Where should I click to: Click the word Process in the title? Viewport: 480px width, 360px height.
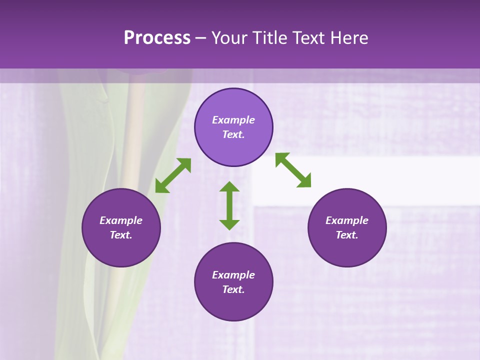click(x=157, y=38)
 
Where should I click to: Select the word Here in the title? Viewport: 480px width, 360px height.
click(x=349, y=38)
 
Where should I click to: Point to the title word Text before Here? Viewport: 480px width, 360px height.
click(x=310, y=38)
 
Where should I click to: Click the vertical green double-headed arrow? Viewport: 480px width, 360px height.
click(x=229, y=205)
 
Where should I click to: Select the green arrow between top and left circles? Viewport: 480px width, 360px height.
click(x=173, y=175)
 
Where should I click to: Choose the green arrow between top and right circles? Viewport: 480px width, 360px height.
click(x=293, y=170)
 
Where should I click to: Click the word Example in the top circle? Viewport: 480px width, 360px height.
click(x=233, y=120)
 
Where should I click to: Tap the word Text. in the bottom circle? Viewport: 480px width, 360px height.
click(x=233, y=289)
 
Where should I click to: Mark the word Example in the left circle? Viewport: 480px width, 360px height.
click(x=121, y=220)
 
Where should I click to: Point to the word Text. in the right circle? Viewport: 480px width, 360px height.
click(x=347, y=235)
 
